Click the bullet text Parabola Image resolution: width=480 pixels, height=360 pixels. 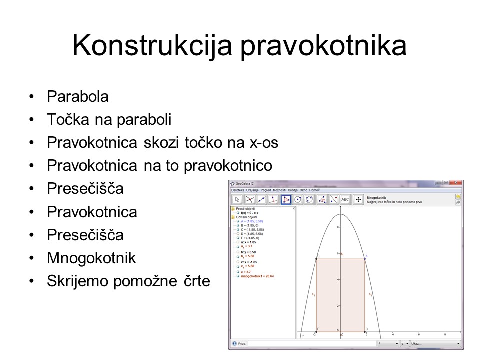click(77, 97)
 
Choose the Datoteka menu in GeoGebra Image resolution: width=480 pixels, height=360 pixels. click(238, 190)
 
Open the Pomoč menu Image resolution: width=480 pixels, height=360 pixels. click(314, 190)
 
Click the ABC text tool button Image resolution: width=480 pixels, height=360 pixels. click(345, 199)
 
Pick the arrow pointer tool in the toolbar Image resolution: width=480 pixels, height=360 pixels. click(237, 199)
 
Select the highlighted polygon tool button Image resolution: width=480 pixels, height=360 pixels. click(286, 199)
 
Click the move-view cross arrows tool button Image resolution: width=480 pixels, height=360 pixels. click(358, 199)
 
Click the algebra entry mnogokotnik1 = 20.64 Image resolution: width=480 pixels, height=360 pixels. click(257, 276)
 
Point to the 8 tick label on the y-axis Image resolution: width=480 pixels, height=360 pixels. click(338, 227)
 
